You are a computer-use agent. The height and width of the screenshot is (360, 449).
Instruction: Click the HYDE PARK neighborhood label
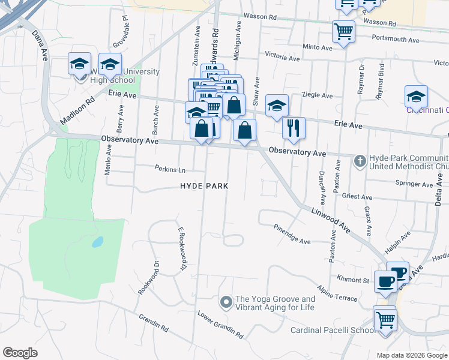click(x=204, y=186)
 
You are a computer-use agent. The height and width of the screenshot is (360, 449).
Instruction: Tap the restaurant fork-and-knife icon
click(x=294, y=128)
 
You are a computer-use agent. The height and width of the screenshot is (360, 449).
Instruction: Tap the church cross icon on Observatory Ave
click(x=360, y=160)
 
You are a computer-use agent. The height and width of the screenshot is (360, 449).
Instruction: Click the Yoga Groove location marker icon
click(x=226, y=301)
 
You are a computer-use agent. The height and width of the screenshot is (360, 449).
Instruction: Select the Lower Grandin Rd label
click(x=220, y=325)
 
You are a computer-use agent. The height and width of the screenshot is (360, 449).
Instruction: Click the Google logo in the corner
click(x=20, y=352)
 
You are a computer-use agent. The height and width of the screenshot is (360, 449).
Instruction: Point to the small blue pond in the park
click(x=96, y=242)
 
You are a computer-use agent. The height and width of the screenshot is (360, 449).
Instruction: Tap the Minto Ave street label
click(x=318, y=47)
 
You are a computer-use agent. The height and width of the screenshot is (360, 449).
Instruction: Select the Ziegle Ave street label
click(x=318, y=95)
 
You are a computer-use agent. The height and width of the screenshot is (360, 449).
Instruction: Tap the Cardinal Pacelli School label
click(x=332, y=331)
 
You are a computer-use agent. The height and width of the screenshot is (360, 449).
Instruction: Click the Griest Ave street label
click(x=357, y=196)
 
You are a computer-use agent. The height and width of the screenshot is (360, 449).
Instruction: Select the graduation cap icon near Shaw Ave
click(x=277, y=106)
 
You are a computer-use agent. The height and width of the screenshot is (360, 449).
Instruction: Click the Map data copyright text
click(x=412, y=355)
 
